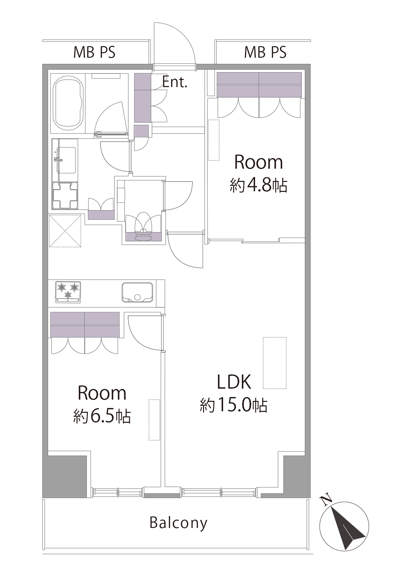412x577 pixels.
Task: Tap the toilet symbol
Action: pyautogui.click(x=143, y=226)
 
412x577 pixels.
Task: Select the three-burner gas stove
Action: pyautogui.click(x=68, y=292)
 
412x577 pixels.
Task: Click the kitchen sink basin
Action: pyautogui.click(x=137, y=293)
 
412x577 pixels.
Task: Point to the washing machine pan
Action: pyautogui.click(x=65, y=195)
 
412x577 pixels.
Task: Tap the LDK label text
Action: pyautogui.click(x=234, y=382)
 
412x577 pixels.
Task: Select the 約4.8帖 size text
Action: pyautogui.click(x=258, y=185)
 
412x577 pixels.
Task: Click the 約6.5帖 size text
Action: pyautogui.click(x=102, y=416)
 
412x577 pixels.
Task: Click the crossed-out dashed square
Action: pyautogui.click(x=65, y=231)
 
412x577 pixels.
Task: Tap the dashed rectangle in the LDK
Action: pyautogui.click(x=274, y=363)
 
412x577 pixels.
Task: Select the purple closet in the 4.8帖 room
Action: pyautogui.click(x=259, y=85)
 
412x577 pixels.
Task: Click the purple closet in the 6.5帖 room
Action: pyautogui.click(x=85, y=325)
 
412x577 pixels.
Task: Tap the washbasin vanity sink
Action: pyautogui.click(x=66, y=160)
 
